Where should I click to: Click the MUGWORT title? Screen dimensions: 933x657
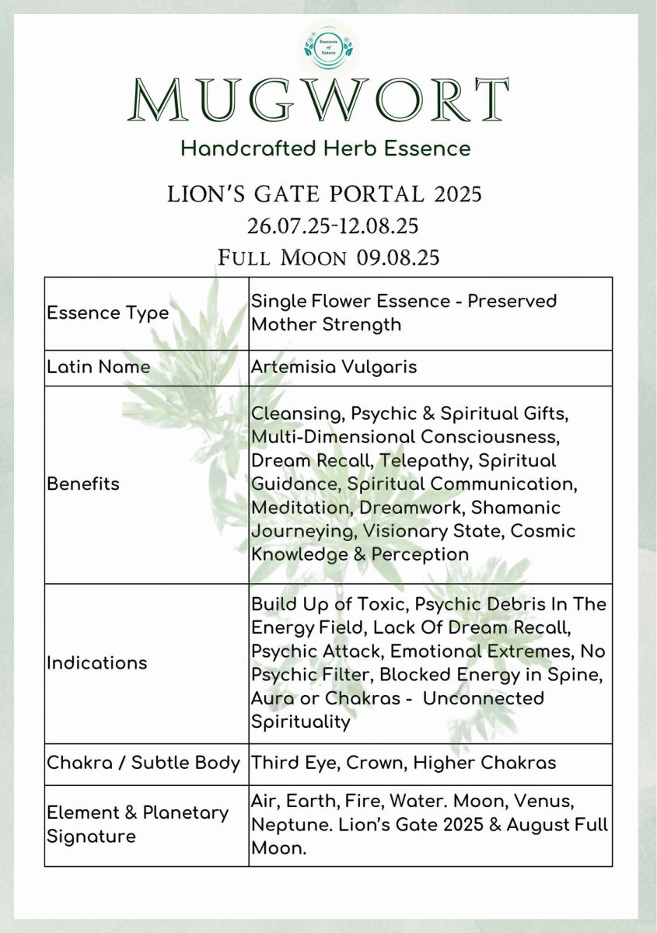(319, 101)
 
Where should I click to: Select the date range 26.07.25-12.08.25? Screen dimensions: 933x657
(333, 225)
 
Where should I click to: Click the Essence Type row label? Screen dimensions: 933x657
(107, 313)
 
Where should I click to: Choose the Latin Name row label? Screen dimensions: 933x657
(99, 367)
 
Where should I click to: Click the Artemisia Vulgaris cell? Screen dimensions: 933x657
(334, 367)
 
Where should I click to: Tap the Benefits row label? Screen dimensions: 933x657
(83, 484)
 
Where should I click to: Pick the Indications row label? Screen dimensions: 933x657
(97, 662)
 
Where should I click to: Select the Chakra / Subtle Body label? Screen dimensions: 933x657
(144, 763)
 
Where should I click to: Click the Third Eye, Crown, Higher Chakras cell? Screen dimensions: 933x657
(403, 763)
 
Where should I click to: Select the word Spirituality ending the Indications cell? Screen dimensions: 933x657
(300, 722)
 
